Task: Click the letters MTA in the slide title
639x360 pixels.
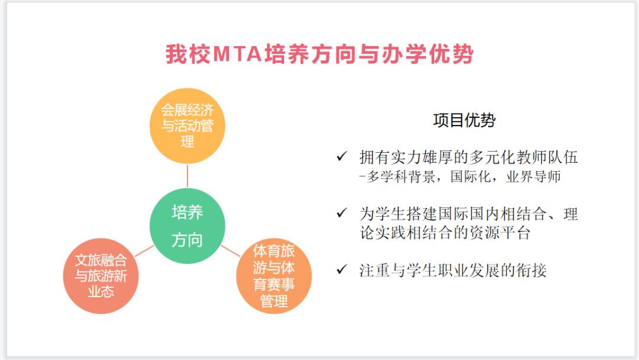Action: (237, 54)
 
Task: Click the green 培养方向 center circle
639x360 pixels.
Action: (188, 226)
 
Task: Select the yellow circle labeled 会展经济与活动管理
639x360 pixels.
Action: (188, 126)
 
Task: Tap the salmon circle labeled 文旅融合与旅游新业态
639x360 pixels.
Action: (101, 276)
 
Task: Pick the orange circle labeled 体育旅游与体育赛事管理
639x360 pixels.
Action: (274, 276)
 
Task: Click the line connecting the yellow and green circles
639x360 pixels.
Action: (188, 176)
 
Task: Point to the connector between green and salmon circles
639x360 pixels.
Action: (144, 251)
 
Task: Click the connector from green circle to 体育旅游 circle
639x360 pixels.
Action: (231, 251)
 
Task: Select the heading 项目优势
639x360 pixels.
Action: (464, 120)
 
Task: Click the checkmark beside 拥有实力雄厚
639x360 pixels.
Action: (341, 156)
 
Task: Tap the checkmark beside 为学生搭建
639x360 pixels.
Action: (341, 213)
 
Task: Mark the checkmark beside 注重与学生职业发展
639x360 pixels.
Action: (341, 269)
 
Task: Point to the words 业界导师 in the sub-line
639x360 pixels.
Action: (534, 176)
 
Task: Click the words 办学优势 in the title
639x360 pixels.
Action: (428, 54)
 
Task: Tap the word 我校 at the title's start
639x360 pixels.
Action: (188, 54)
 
